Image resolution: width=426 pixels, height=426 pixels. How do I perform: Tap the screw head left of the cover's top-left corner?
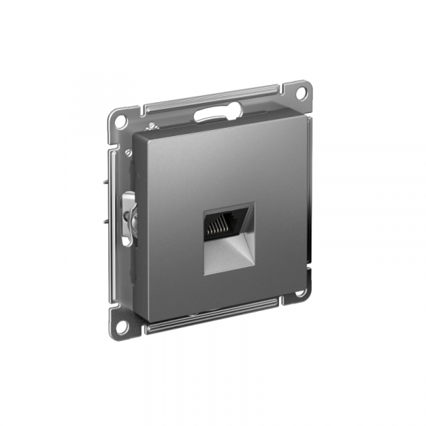[127, 153]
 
